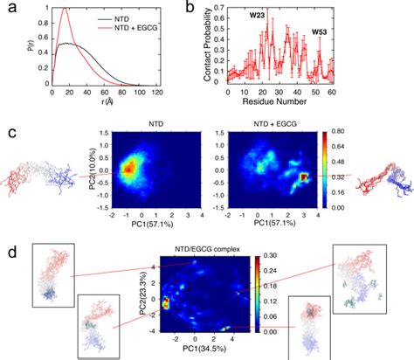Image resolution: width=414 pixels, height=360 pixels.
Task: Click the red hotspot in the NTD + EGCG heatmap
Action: pos(303,177)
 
